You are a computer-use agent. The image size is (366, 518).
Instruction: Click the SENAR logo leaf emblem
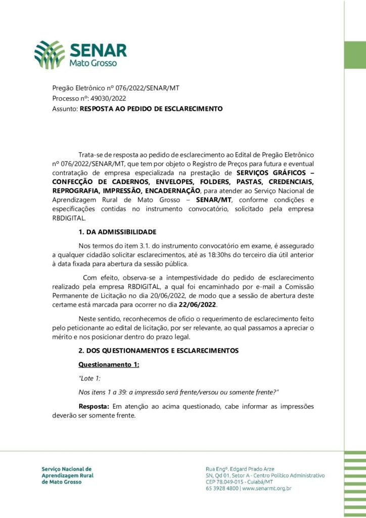(50, 54)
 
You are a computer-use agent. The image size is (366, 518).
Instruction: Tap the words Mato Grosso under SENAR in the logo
(93, 64)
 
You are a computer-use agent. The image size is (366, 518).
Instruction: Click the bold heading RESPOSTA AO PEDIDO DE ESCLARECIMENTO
(151, 109)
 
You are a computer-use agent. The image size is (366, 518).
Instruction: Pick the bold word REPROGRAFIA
(75, 191)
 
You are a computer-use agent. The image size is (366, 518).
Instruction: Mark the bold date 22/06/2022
(198, 305)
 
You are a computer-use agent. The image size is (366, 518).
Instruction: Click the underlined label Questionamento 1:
(109, 365)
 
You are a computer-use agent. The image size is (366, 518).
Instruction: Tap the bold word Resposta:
(94, 407)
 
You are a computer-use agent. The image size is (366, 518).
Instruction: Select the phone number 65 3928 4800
(222, 488)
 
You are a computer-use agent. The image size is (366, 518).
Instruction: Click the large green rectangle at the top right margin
(354, 55)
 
